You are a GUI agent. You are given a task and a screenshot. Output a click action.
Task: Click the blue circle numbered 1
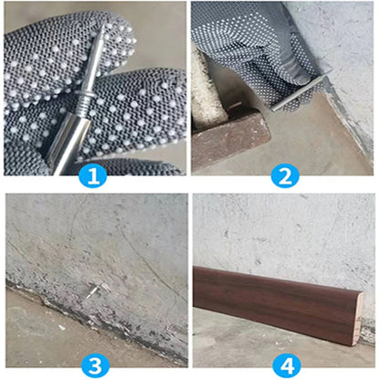tap(93, 174)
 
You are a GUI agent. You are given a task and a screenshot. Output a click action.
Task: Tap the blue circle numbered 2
tap(284, 174)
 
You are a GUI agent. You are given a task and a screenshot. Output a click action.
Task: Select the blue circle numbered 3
tap(93, 365)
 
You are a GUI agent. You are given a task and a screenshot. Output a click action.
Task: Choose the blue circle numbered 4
tap(284, 365)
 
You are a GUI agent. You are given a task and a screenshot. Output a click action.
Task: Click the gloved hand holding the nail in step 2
tap(247, 46)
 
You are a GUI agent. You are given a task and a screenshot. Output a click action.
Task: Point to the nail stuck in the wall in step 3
tap(93, 290)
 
